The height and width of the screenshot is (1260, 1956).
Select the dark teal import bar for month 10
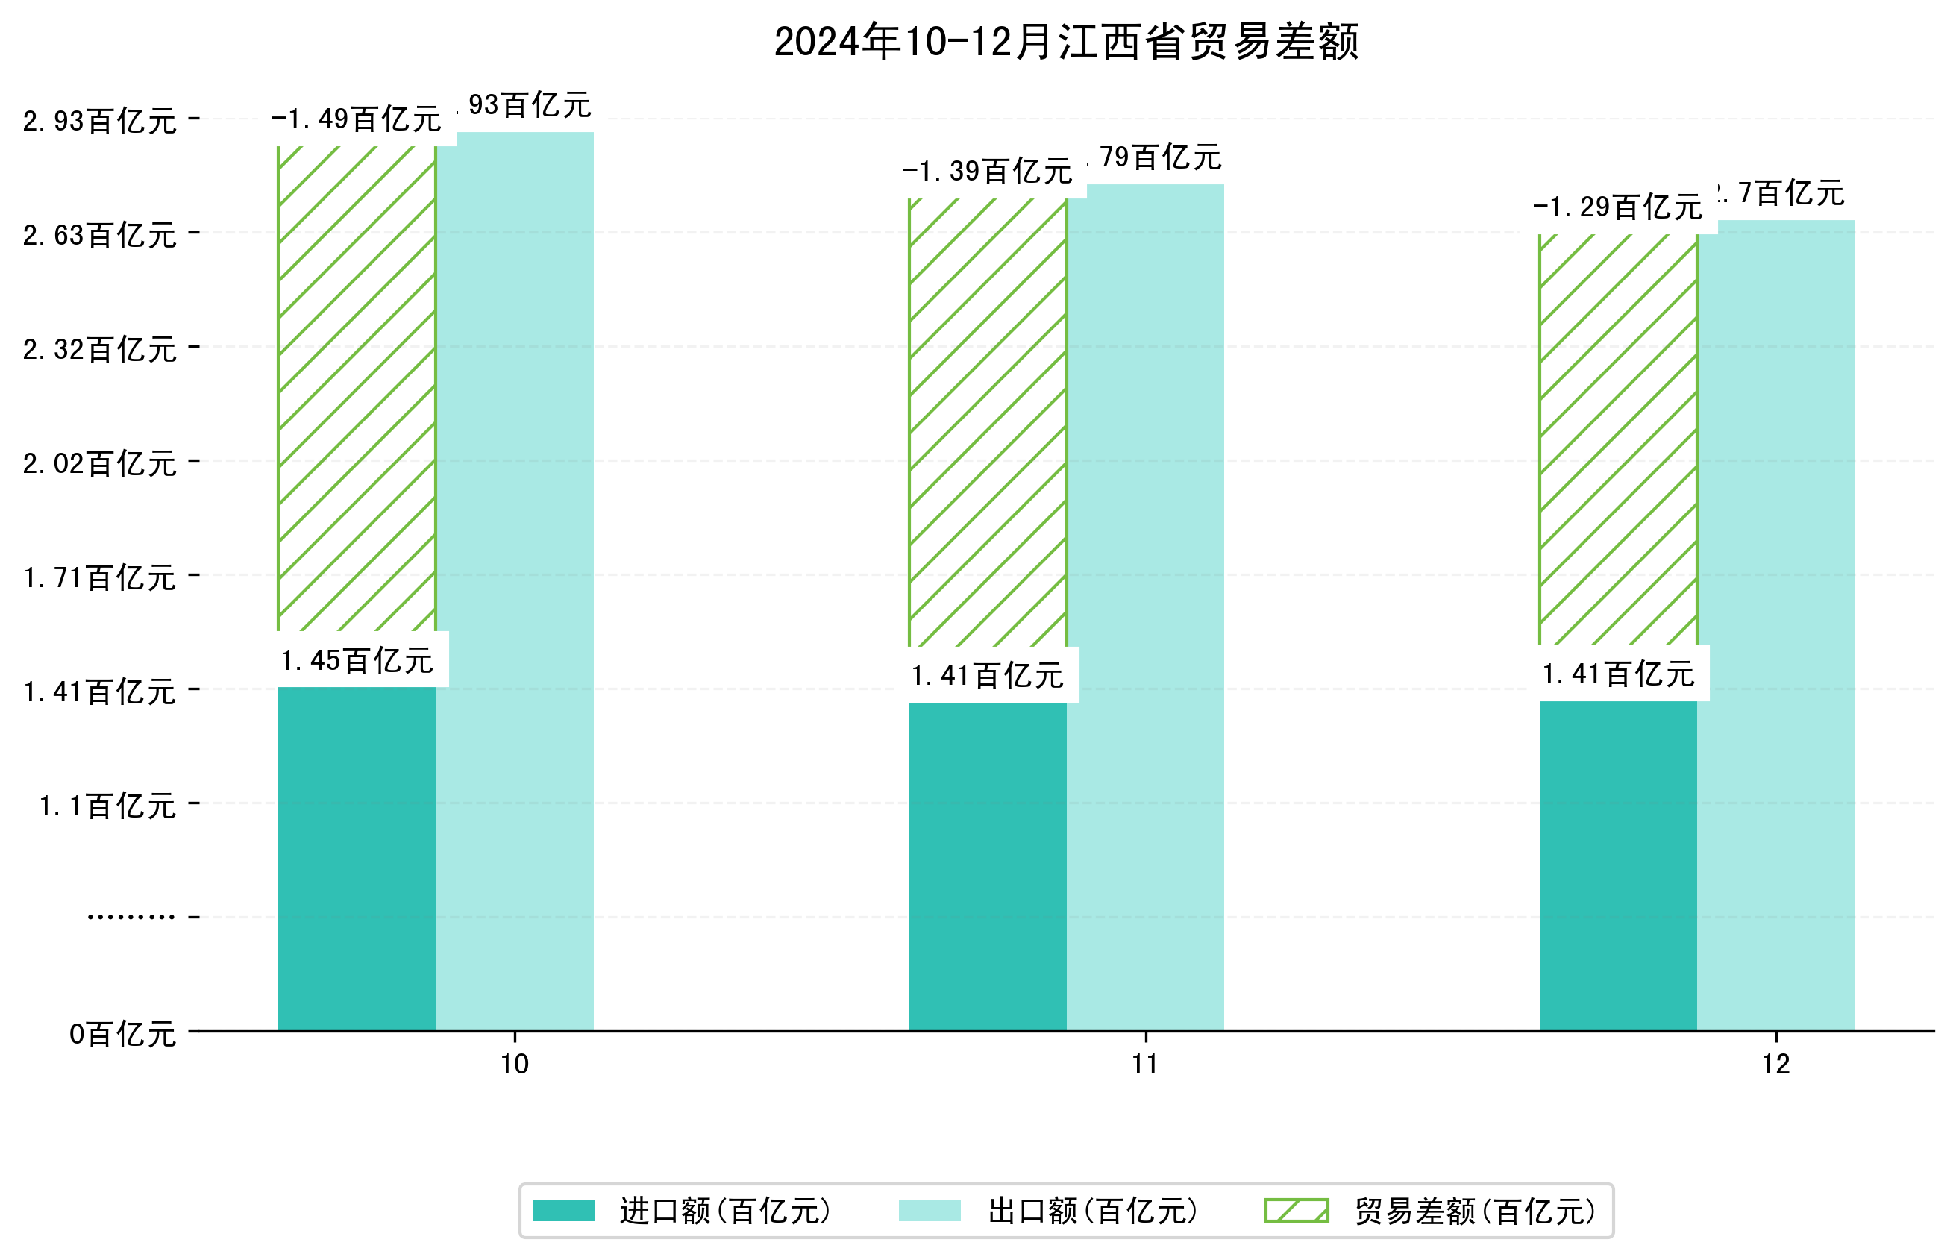(x=356, y=859)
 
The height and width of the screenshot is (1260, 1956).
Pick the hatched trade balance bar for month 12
(x=1617, y=442)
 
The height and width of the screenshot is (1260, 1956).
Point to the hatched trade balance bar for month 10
(x=356, y=389)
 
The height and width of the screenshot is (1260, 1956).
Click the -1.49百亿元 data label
(x=356, y=119)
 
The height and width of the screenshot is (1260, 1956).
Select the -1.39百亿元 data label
(x=987, y=171)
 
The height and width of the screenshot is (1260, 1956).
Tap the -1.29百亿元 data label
(x=1617, y=207)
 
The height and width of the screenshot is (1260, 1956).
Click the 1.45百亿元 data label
(x=357, y=660)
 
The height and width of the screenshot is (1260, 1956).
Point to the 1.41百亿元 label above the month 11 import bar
(x=988, y=676)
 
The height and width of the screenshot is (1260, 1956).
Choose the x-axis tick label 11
(x=1144, y=1065)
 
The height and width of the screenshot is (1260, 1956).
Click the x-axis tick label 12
(x=1775, y=1065)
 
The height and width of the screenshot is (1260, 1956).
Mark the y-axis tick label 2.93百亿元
(x=100, y=121)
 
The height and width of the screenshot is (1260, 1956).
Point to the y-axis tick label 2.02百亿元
(x=100, y=464)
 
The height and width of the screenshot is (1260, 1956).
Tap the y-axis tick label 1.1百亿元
(x=108, y=806)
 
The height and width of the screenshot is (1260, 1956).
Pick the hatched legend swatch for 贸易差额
(x=1296, y=1211)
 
